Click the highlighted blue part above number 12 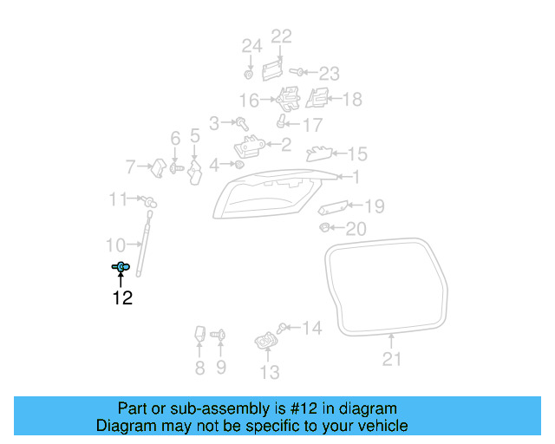pyautogui.click(x=121, y=267)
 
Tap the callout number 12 pyautogui.click(x=121, y=298)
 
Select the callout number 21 pyautogui.click(x=392, y=359)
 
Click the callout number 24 pyautogui.click(x=251, y=46)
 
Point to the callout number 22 pyautogui.click(x=282, y=36)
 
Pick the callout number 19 pyautogui.click(x=374, y=206)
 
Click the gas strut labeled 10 pyautogui.click(x=145, y=248)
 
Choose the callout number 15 pyautogui.click(x=357, y=154)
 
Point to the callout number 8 pyautogui.click(x=199, y=368)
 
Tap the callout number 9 pyautogui.click(x=220, y=368)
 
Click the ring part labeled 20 pyautogui.click(x=324, y=228)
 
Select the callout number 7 pyautogui.click(x=132, y=166)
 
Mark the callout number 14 pyautogui.click(x=311, y=328)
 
